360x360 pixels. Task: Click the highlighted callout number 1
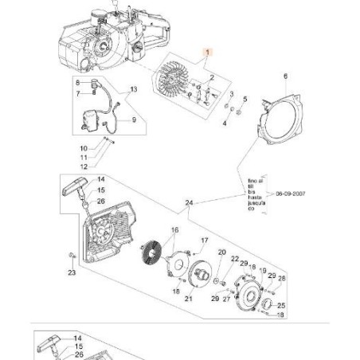pos(209,53)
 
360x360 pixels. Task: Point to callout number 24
pos(189,204)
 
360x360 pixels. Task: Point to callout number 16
pos(174,229)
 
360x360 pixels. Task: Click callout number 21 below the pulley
pos(189,299)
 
